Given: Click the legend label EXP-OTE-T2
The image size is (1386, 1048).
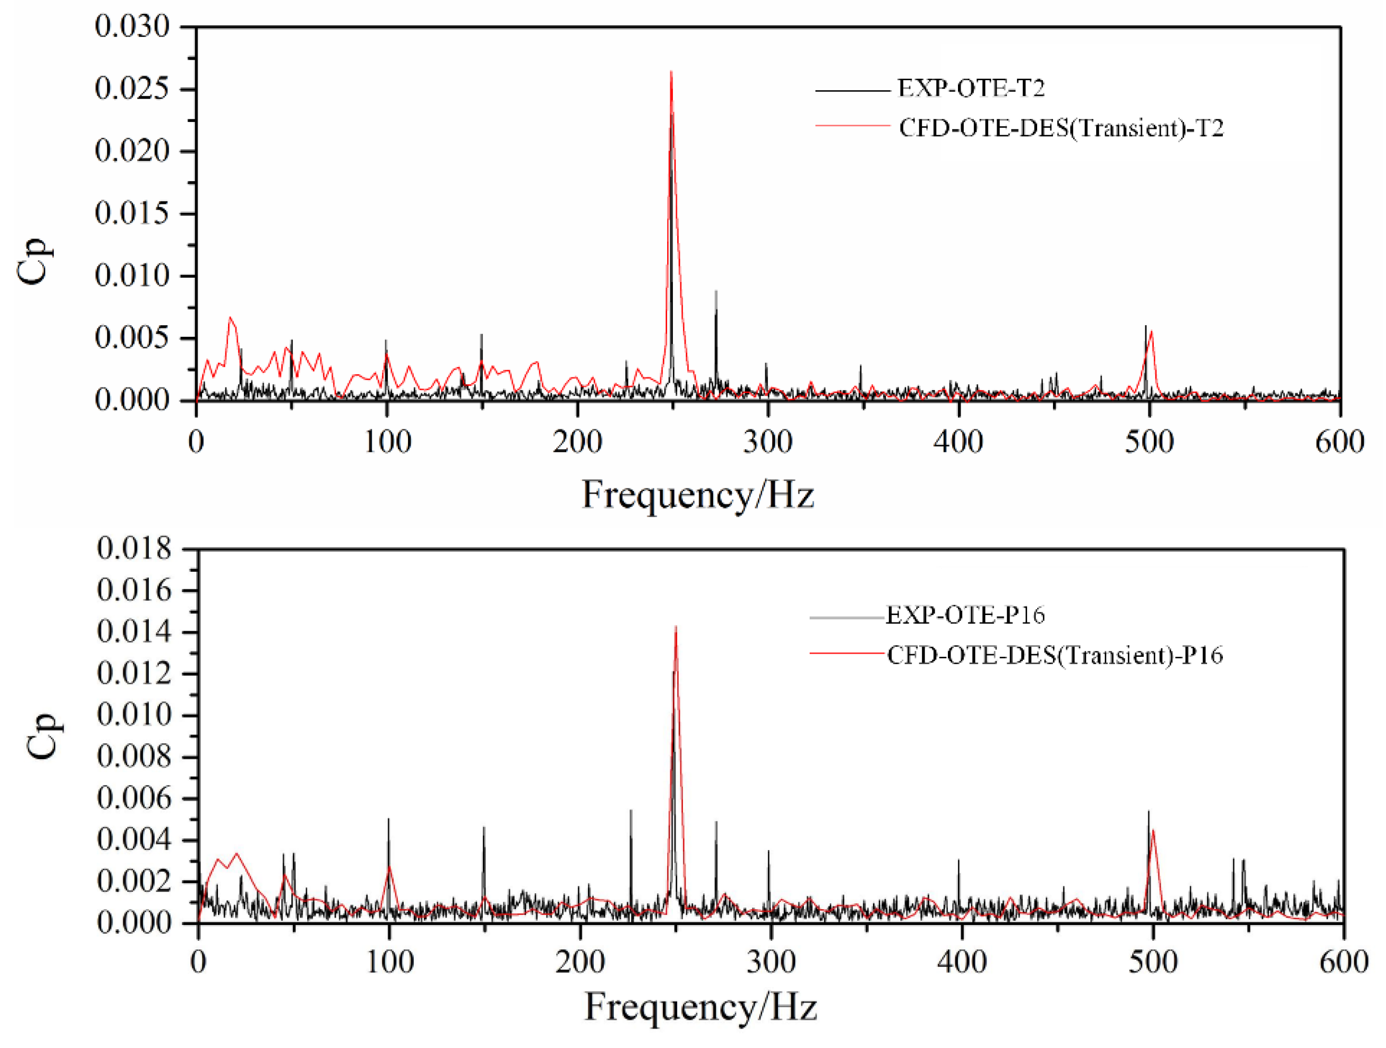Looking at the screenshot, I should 971,88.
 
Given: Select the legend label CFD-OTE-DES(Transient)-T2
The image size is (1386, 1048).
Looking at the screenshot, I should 1061,128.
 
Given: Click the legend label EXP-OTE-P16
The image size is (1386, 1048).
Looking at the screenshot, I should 965,615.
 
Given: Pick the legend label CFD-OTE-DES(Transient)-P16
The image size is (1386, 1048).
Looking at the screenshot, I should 1055,655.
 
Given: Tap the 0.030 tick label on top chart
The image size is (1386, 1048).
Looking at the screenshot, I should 132,26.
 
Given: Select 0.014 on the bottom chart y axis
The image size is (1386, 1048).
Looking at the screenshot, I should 134,632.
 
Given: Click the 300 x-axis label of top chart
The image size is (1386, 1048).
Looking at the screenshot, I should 767,442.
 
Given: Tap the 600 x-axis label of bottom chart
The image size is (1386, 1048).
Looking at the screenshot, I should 1343,961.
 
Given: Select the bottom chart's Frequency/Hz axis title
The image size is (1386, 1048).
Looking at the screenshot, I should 700,1007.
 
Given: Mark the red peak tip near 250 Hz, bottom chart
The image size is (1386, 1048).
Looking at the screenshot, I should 676,626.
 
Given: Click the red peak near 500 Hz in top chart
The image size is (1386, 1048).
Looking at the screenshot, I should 1152,332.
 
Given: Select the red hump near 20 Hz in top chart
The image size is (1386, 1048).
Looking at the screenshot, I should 231,318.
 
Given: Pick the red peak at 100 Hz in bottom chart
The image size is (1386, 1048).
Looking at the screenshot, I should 389,867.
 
